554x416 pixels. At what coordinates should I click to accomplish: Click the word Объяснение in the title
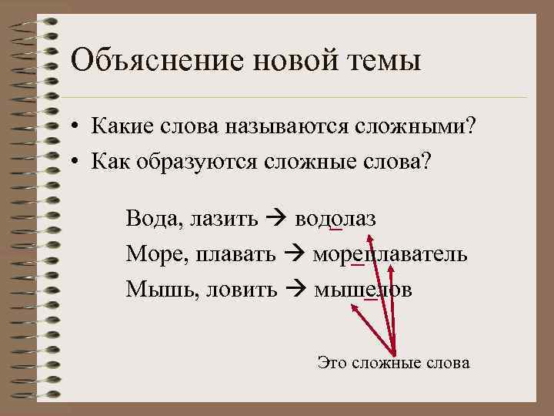pyautogui.click(x=145, y=59)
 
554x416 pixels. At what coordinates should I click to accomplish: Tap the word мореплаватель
pyautogui.click(x=389, y=254)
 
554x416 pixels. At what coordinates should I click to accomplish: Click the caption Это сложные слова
pyautogui.click(x=393, y=362)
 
